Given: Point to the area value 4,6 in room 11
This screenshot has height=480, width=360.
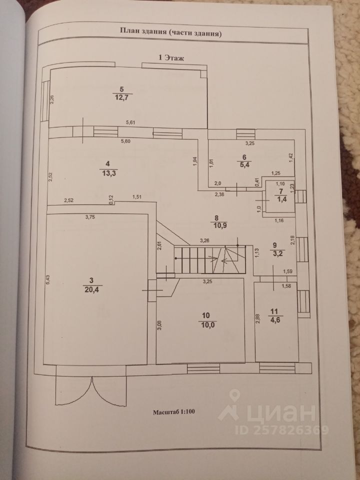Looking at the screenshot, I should [275, 319].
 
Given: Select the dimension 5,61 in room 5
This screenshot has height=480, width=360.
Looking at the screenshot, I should [130, 122].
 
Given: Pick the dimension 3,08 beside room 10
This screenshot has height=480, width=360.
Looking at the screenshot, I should [159, 328].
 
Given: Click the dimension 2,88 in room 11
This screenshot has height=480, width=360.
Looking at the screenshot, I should [257, 319].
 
